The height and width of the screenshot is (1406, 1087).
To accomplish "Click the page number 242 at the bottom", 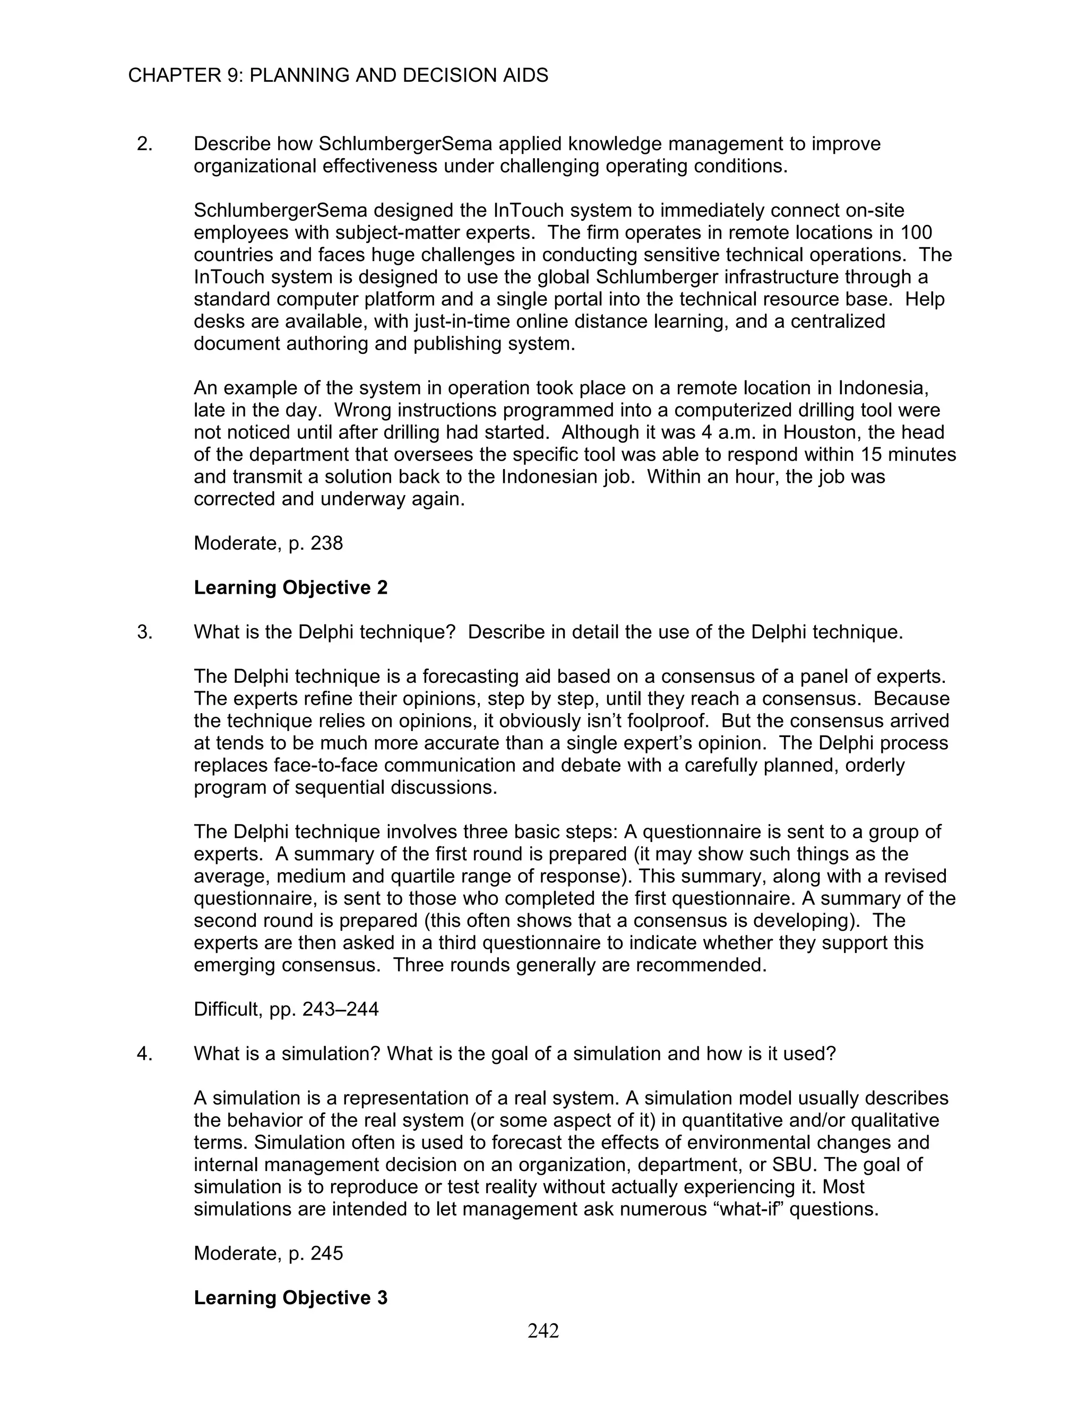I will [543, 1331].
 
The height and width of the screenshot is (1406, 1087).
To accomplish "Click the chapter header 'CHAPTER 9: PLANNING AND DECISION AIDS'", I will [338, 75].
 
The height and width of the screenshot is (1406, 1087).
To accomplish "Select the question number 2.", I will [144, 144].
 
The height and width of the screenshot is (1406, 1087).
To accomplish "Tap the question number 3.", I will [144, 632].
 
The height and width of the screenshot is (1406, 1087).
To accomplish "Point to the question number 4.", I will [144, 1054].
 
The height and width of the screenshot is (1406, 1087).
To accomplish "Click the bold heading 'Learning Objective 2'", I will [290, 588].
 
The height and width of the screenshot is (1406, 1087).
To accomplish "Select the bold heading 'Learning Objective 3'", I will [290, 1298].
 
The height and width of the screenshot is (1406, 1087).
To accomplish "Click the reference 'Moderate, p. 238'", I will [268, 543].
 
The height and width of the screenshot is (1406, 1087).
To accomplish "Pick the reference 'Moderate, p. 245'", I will [268, 1253].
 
